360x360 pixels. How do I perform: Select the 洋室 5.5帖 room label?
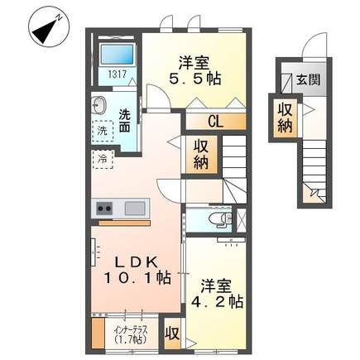tap(197, 69)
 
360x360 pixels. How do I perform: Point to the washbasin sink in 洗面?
tap(100, 106)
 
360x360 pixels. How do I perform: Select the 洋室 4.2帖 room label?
tap(218, 293)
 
